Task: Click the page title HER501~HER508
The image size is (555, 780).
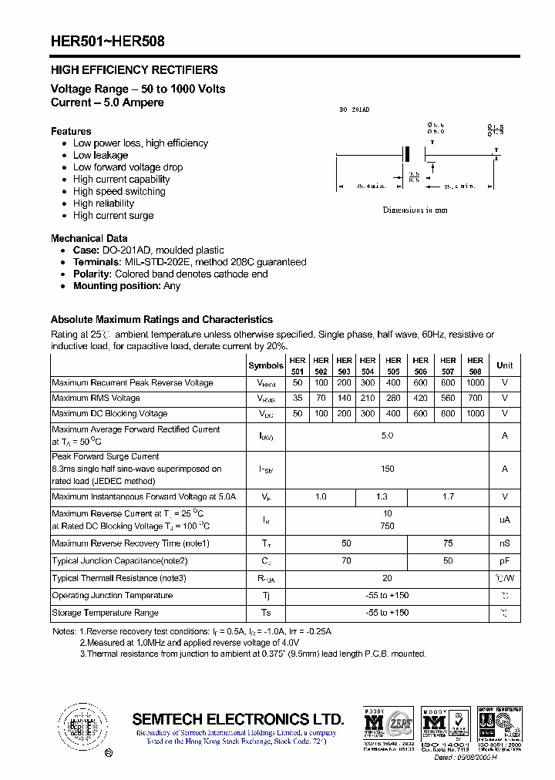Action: click(x=107, y=42)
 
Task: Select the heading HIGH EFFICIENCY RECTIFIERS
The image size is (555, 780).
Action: click(x=134, y=70)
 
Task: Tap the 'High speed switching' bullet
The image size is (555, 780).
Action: click(x=119, y=191)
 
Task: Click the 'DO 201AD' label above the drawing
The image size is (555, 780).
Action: click(x=355, y=110)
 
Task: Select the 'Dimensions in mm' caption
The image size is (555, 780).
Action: click(x=415, y=210)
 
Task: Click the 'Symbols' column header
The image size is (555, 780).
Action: click(x=266, y=365)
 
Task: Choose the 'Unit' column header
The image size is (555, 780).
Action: click(x=504, y=365)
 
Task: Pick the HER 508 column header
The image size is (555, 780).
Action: click(x=475, y=365)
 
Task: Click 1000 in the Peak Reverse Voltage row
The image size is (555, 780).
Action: click(x=475, y=383)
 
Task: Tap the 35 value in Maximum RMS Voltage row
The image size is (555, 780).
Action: click(x=298, y=398)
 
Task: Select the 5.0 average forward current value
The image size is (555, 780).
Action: click(x=387, y=435)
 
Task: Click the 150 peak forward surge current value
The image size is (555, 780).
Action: click(x=387, y=469)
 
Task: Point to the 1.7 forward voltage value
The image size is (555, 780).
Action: click(x=448, y=497)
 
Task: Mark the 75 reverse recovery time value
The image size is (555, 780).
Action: click(x=448, y=543)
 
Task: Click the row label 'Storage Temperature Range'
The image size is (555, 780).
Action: click(x=105, y=613)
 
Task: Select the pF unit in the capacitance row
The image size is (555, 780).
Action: click(x=504, y=561)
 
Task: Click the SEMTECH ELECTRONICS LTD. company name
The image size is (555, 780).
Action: click(x=238, y=719)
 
